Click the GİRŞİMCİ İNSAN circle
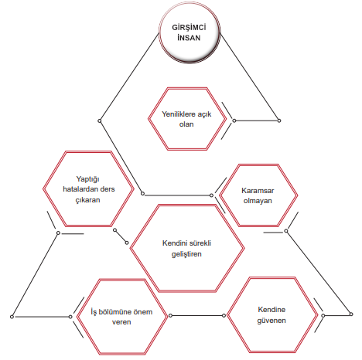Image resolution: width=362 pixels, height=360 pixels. coord(190,32)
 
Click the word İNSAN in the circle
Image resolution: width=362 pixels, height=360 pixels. coord(189,38)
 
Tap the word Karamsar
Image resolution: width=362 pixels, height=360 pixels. coord(258,191)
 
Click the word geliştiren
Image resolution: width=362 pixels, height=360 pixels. coord(186,254)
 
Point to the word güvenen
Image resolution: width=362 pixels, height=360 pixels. coord(271,321)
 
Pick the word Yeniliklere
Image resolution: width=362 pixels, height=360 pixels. coord(177,114)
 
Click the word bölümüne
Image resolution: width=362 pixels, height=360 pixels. coord(115,312)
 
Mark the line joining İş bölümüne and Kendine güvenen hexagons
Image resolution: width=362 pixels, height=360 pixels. coord(197,315)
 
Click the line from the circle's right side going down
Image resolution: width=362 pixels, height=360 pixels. coord(250,76)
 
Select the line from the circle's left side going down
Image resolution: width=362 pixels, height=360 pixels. coord(129,76)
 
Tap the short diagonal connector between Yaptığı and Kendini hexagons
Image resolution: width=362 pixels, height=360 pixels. coord(121,236)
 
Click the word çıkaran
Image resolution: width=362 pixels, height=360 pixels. coord(87,200)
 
